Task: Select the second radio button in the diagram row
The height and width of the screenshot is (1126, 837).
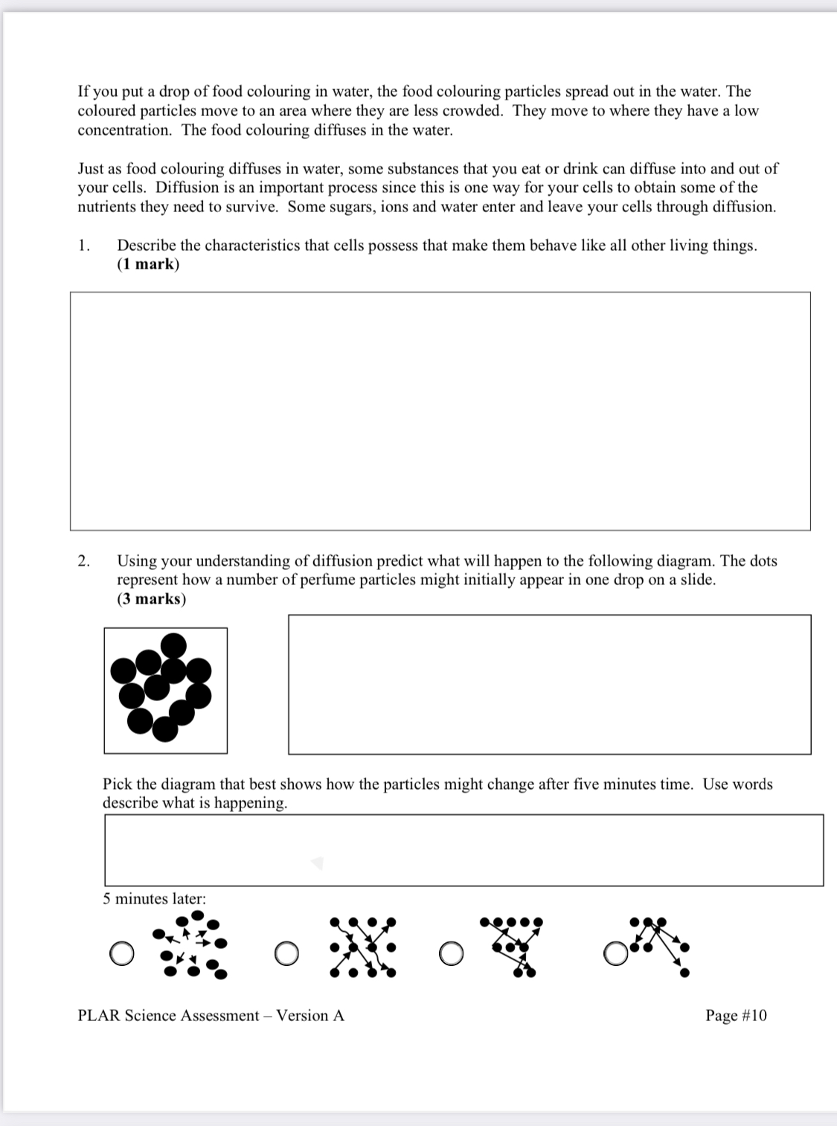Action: (285, 953)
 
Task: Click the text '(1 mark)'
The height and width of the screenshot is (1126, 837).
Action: (148, 264)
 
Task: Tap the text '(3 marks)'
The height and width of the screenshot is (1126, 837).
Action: (151, 599)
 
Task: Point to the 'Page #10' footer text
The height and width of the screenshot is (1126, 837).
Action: (735, 1016)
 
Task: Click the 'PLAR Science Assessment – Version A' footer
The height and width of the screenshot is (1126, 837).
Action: (211, 1016)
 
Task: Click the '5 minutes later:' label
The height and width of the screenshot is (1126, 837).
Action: (154, 899)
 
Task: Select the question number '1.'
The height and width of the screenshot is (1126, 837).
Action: (84, 246)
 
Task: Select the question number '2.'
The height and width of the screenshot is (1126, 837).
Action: (84, 561)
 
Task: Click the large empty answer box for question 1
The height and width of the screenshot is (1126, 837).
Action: (440, 411)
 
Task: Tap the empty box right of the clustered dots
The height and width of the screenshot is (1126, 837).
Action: (549, 684)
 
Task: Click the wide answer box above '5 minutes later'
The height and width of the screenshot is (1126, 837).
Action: (464, 850)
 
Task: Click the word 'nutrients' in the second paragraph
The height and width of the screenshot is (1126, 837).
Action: (109, 207)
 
